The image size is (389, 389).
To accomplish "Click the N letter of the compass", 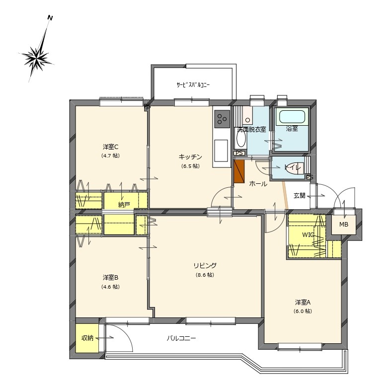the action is coord(50,18).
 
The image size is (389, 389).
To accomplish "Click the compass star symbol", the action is coord(37,59).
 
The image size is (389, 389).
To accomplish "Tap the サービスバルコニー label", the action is coord(193,85).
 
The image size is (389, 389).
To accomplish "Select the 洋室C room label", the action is coord(110,147).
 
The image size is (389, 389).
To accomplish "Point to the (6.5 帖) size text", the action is coord(190,166).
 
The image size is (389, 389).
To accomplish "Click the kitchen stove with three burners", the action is coord(222,119).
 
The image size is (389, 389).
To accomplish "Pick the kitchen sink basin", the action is coord(221,151).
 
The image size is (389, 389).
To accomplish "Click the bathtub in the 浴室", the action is coord(292,117).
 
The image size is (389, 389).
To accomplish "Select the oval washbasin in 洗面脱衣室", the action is coord(241,139).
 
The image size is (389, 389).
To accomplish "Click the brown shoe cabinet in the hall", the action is coord(239,171).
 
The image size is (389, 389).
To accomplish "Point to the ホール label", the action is coord(258,184).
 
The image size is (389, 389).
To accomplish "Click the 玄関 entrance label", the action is coord(300,195).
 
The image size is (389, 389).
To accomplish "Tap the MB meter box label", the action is coord(344,225).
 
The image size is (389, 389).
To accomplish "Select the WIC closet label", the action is coord(308,234).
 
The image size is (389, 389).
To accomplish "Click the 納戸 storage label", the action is coord(124,205).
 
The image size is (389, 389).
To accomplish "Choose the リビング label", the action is coord(205,266).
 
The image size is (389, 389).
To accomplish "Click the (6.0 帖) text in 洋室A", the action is coord(303,311).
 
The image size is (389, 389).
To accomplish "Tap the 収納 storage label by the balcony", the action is coord(87,338).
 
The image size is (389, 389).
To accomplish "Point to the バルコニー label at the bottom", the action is coord(181,338).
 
